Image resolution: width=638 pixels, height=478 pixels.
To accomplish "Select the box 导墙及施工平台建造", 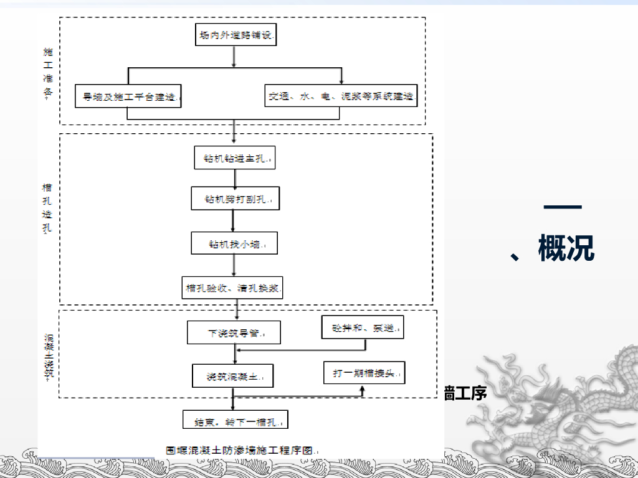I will click(128, 96).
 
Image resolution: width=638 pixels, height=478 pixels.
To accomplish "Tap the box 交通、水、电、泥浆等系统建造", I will click(341, 96).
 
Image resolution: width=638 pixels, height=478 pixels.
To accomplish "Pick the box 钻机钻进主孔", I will click(234, 158).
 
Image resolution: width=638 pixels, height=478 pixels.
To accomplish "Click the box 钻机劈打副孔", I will click(235, 200).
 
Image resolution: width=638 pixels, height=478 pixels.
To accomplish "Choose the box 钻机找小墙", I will click(234, 243).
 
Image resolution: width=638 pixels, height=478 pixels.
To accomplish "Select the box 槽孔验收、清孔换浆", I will click(233, 288).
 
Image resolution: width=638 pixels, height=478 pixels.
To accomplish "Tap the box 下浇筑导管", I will click(234, 332).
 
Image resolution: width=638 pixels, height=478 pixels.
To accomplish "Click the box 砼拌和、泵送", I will click(363, 327).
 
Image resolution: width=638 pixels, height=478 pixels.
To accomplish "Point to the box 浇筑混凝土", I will click(233, 376).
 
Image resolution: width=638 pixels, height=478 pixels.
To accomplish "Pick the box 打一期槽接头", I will click(364, 373).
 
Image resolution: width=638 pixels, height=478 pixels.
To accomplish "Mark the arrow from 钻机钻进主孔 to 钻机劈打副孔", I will click(234, 178).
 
